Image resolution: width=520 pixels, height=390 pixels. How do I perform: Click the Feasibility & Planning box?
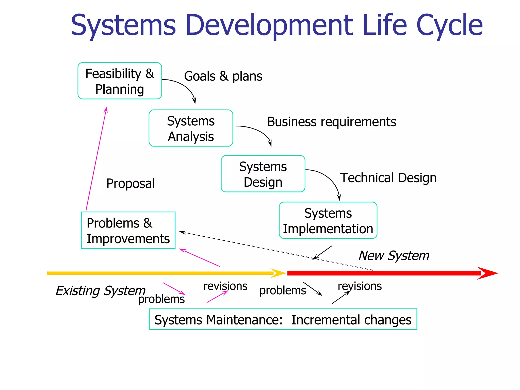[120, 81]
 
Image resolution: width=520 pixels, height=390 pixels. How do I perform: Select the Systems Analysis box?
[191, 128]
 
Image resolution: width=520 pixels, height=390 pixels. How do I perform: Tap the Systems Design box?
[263, 174]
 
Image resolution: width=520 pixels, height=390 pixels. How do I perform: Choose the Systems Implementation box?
[328, 220]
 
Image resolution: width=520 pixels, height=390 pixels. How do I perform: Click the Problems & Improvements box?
[128, 230]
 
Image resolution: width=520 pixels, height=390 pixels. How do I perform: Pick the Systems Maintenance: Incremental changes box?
[283, 319]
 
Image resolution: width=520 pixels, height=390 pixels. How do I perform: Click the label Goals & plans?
[223, 76]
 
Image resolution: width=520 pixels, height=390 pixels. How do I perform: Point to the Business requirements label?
[331, 122]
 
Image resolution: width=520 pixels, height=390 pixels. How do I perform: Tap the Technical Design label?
[388, 178]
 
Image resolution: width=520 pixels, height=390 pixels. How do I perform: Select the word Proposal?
[131, 184]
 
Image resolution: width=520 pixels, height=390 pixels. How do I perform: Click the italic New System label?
[394, 256]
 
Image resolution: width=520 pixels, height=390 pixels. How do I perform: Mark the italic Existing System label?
[100, 291]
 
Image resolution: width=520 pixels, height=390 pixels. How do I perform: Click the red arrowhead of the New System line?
[487, 273]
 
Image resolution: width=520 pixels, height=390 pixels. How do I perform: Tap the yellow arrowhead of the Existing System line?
[279, 273]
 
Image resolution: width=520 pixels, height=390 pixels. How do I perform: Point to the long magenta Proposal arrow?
[96, 159]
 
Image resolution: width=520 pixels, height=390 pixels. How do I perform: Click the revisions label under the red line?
[360, 286]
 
